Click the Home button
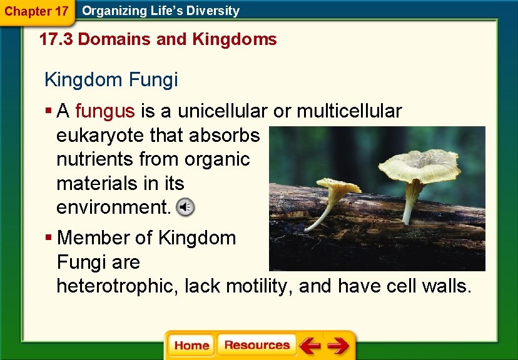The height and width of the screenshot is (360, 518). [191, 346]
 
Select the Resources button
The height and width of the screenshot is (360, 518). [256, 346]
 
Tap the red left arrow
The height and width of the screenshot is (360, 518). [309, 346]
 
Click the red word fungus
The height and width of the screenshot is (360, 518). [104, 111]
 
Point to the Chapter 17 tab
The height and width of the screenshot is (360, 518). [36, 11]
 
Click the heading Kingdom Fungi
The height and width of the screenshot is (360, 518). [111, 79]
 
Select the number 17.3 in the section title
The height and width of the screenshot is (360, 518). [56, 39]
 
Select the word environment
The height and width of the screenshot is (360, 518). [113, 207]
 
